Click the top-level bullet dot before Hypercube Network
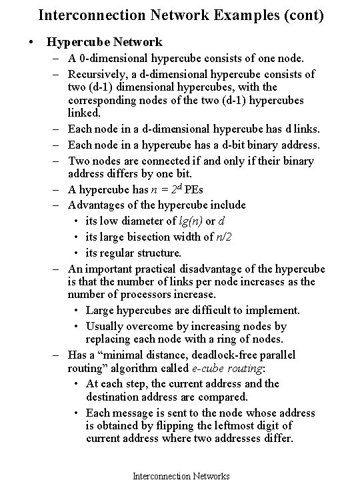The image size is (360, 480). pyautogui.click(x=31, y=42)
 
